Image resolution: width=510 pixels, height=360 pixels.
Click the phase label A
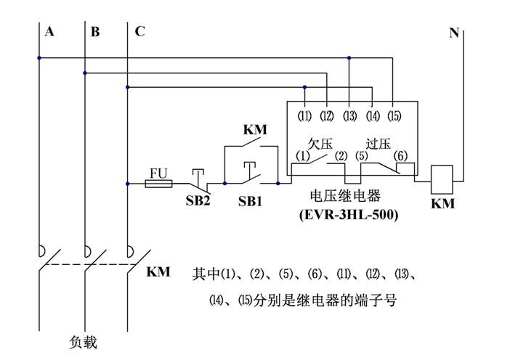49,31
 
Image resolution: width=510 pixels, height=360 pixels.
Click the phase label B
95,31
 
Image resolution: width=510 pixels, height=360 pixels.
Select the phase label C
139,31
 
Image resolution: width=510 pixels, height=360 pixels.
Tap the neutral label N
453,31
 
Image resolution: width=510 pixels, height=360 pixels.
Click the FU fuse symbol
158,184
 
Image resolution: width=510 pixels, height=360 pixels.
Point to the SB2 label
197,201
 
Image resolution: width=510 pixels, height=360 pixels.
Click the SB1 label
251,201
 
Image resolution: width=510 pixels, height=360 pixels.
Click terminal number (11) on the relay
304,115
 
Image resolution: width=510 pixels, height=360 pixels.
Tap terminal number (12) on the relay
327,115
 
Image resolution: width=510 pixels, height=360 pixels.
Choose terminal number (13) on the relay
349,115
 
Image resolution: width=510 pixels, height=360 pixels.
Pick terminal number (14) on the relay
372,115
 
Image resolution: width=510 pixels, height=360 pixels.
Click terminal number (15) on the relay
394,115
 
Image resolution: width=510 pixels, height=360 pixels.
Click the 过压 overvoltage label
378,143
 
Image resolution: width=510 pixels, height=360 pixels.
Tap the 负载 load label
83,342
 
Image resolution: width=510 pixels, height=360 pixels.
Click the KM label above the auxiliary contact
254,131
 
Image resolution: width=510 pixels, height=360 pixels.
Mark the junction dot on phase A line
39,58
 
